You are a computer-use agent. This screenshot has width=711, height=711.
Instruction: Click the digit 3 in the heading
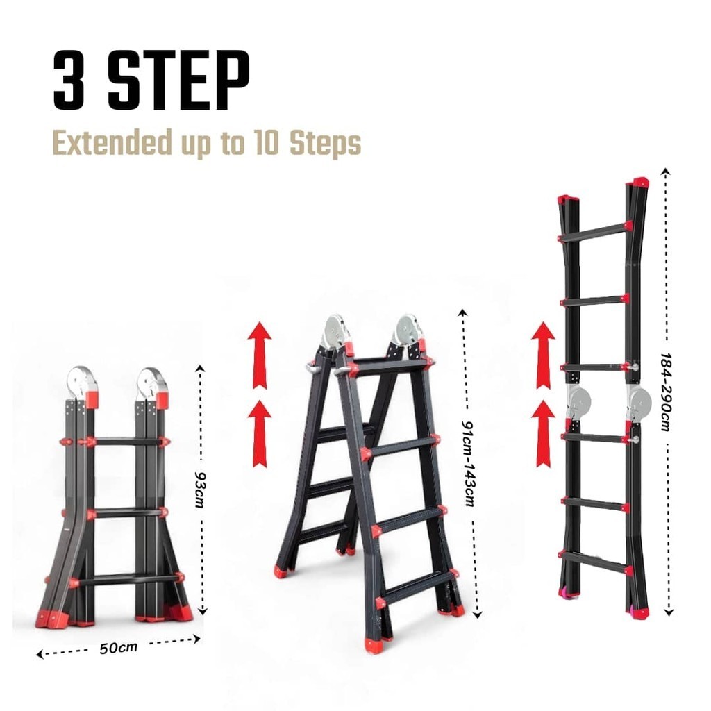69,80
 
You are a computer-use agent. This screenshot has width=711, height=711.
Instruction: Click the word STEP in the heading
178,80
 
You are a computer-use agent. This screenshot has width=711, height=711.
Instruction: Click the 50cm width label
118,648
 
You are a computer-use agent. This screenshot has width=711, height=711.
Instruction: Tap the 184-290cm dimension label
665,392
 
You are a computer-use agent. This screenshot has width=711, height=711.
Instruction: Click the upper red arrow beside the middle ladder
260,355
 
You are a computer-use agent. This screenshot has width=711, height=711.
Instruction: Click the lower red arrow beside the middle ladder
260,433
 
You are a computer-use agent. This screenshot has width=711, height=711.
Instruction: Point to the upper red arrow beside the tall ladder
543,355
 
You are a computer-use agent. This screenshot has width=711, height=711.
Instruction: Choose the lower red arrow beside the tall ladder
543,433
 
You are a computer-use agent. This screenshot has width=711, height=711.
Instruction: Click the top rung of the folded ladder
126,441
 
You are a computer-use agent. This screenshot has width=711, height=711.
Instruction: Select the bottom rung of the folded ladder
126,580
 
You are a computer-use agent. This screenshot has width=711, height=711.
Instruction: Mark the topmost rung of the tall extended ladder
595,232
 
